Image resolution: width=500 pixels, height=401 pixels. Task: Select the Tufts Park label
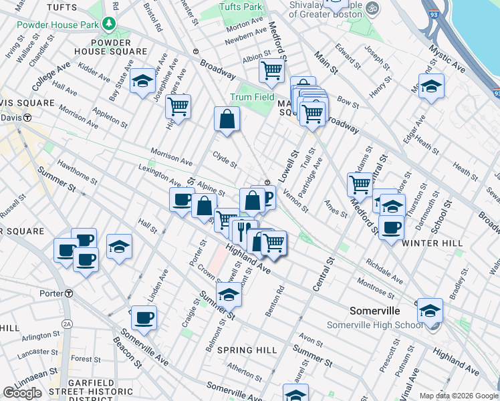(x=241, y=7)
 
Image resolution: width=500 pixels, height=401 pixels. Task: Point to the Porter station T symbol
(x=68, y=293)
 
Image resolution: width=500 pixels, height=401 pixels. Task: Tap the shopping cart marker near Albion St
(x=272, y=70)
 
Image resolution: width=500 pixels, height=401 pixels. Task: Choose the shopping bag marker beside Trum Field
(x=227, y=119)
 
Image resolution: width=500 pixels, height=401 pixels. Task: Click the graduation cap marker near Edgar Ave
(x=431, y=86)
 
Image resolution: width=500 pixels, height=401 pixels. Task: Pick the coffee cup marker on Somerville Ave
(x=144, y=318)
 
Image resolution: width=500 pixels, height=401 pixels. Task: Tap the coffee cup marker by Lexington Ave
(x=181, y=199)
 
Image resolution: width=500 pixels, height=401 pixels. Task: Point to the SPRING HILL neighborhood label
(x=247, y=350)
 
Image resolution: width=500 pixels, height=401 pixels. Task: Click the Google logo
(x=23, y=392)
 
